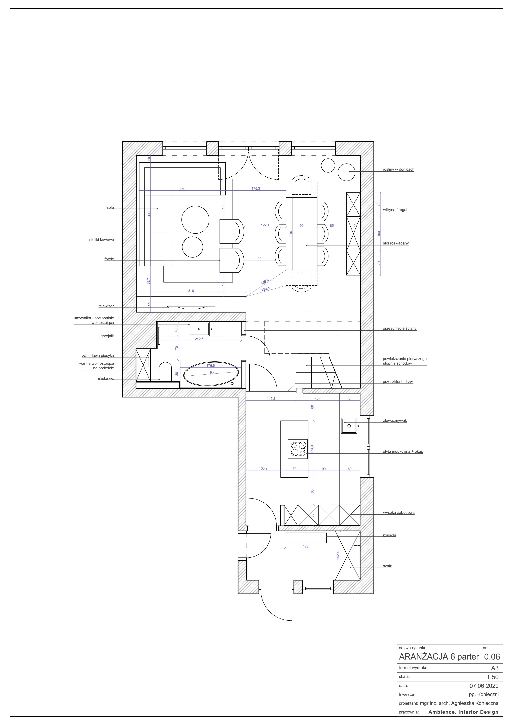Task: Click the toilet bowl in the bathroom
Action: pyautogui.click(x=165, y=372)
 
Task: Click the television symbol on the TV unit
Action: pyautogui.click(x=191, y=306)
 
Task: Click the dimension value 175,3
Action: pyautogui.click(x=256, y=189)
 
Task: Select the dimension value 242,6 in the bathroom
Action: pyautogui.click(x=199, y=339)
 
